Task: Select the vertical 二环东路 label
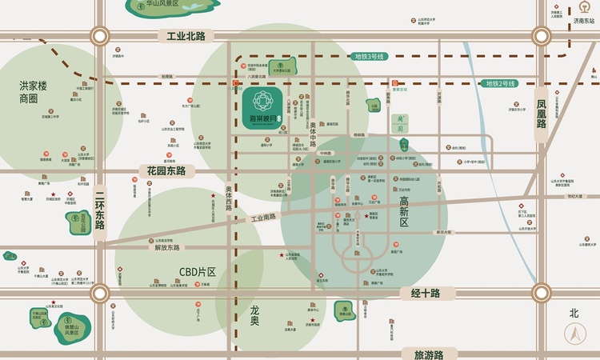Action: point(100,210)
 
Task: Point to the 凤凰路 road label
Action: point(542,114)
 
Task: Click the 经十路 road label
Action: point(426,294)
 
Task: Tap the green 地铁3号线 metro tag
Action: point(369,57)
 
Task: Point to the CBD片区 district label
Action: point(198,272)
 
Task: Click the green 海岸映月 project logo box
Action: point(264,105)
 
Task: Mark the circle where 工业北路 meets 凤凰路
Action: point(542,36)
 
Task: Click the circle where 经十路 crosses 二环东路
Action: point(100,294)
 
